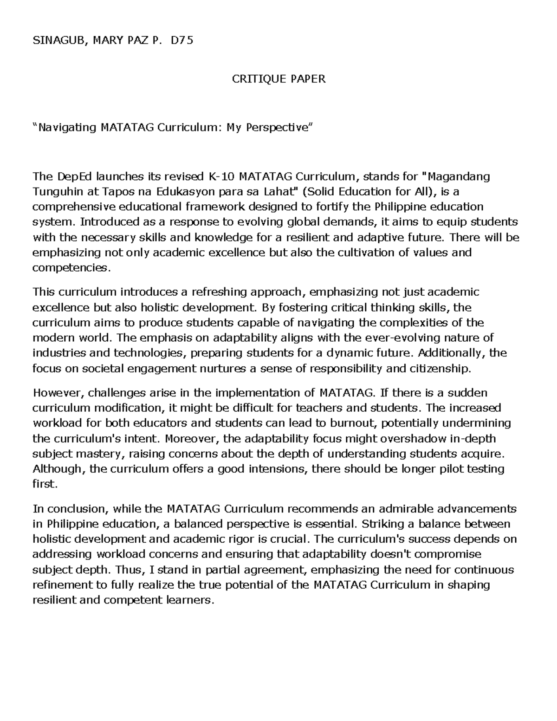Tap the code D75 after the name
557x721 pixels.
pyautogui.click(x=181, y=40)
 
